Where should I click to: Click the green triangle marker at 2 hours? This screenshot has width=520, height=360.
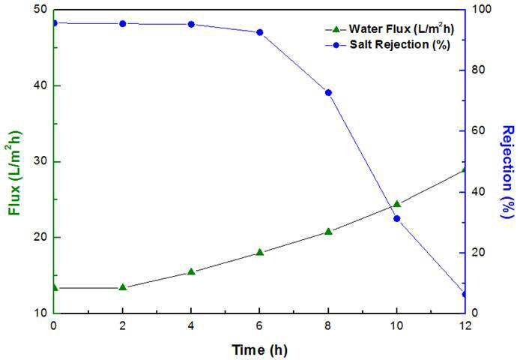coord(123,287)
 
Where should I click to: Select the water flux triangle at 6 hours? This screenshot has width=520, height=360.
coord(260,252)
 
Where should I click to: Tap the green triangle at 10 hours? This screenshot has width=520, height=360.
coord(397,203)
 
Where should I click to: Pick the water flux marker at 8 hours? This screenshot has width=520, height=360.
coord(328,231)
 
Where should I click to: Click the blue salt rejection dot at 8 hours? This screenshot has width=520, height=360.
coord(328,93)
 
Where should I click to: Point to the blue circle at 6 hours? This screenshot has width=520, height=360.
coord(260,32)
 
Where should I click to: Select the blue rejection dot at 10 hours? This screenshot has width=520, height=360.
coord(397,218)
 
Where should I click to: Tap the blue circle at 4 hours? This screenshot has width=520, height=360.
coord(191,24)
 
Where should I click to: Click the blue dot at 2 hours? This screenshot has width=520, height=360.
coord(123,23)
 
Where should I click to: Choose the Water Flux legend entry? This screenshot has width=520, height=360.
coord(390,29)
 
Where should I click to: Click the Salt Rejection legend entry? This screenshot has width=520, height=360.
coord(387,44)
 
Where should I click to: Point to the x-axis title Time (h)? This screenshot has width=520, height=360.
coord(259,349)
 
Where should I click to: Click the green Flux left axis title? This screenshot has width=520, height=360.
coord(14,173)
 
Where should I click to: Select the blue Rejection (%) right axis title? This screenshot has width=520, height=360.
coord(508,172)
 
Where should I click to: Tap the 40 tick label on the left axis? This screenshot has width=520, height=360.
coord(40,85)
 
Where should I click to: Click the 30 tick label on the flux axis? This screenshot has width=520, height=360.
coord(40,161)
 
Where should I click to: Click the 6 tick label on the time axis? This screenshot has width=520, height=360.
coord(260,325)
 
